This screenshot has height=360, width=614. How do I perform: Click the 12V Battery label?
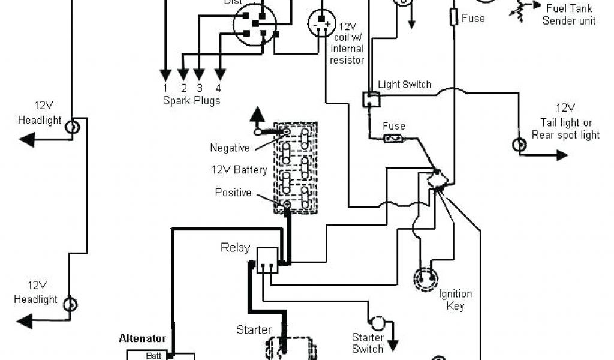pos(239,170)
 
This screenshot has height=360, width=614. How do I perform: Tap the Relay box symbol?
pos(268,259)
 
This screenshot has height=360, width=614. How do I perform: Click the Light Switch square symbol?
pos(371,99)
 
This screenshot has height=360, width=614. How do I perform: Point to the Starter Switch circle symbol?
pos(378,323)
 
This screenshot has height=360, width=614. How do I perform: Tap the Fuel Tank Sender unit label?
pos(569,15)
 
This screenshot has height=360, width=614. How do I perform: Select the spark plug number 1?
pos(164,88)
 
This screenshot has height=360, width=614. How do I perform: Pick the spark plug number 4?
pos(219,88)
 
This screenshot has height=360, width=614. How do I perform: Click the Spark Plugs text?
pos(191,100)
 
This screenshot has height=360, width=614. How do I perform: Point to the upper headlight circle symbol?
pos(72,127)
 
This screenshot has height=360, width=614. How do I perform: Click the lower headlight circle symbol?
pos(71,304)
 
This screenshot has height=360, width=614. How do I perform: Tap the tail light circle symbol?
pos(517,145)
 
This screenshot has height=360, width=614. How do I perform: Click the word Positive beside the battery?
pos(233,193)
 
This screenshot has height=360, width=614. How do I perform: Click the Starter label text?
pos(254,329)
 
